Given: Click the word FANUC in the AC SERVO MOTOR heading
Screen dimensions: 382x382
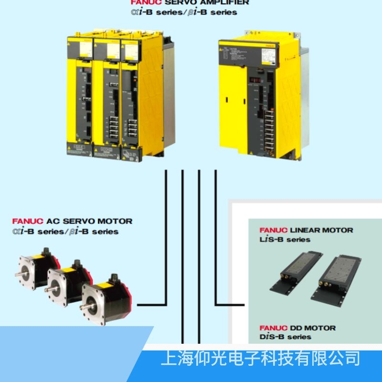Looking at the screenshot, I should click(x=28, y=222).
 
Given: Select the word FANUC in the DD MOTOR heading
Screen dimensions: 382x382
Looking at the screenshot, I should click(x=274, y=328).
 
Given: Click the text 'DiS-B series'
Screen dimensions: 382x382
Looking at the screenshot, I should click(x=285, y=337).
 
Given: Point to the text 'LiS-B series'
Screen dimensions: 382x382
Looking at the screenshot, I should click(x=285, y=239).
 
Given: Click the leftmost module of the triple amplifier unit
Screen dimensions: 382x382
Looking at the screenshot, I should click(x=79, y=95).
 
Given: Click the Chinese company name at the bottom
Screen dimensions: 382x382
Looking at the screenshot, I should click(x=260, y=358).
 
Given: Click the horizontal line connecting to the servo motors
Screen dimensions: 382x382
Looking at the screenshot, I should click(x=152, y=304).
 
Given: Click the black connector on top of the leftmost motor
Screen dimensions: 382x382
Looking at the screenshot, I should click(x=47, y=252).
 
